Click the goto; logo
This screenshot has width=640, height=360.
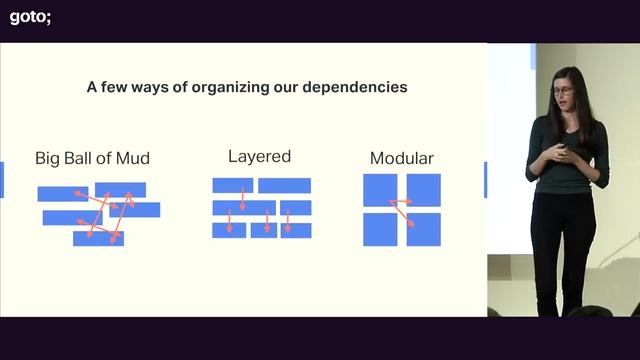30,16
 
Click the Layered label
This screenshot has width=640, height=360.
259,156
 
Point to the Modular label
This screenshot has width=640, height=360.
401,158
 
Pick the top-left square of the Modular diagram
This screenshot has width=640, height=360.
379,189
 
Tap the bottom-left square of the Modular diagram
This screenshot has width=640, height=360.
379,229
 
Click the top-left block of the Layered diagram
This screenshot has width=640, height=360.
232,185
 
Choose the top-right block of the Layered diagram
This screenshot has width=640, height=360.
284,185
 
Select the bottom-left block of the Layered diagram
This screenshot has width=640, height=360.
228,230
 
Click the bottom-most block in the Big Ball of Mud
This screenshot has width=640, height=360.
98,238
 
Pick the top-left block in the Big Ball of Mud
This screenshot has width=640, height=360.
62,193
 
